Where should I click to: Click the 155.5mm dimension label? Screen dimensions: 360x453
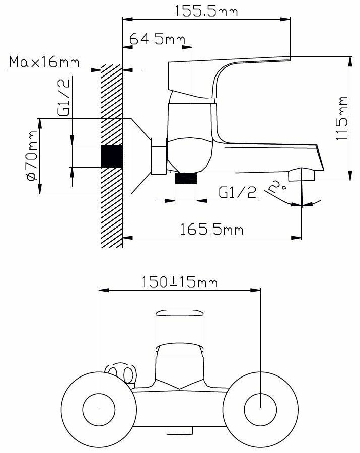click(x=206, y=11)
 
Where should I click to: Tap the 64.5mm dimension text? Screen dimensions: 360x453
click(x=157, y=38)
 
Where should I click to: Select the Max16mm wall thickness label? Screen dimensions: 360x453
click(x=44, y=62)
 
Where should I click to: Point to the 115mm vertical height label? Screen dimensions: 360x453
click(x=341, y=118)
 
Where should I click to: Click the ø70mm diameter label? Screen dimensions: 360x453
click(x=32, y=156)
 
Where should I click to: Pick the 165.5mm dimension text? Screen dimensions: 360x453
click(x=211, y=230)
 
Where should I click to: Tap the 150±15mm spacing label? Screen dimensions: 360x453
click(x=179, y=282)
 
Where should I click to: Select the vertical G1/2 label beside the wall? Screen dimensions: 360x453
click(x=63, y=97)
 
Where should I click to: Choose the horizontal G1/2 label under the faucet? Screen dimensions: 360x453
click(x=238, y=192)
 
